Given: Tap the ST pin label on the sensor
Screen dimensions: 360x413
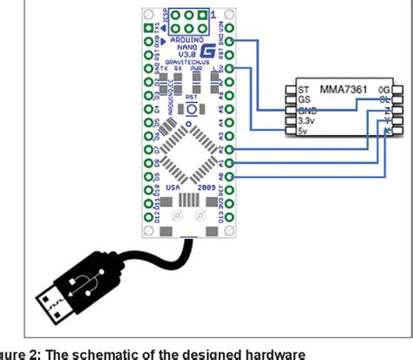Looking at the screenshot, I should pyautogui.click(x=304, y=90).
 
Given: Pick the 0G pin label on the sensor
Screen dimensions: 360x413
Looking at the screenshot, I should pyautogui.click(x=383, y=90).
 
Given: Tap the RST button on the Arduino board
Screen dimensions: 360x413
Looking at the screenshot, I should pyautogui.click(x=187, y=109).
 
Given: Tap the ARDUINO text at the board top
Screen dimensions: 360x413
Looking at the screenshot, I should pyautogui.click(x=181, y=40).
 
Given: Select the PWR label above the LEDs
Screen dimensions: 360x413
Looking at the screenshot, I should pyautogui.click(x=200, y=72).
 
